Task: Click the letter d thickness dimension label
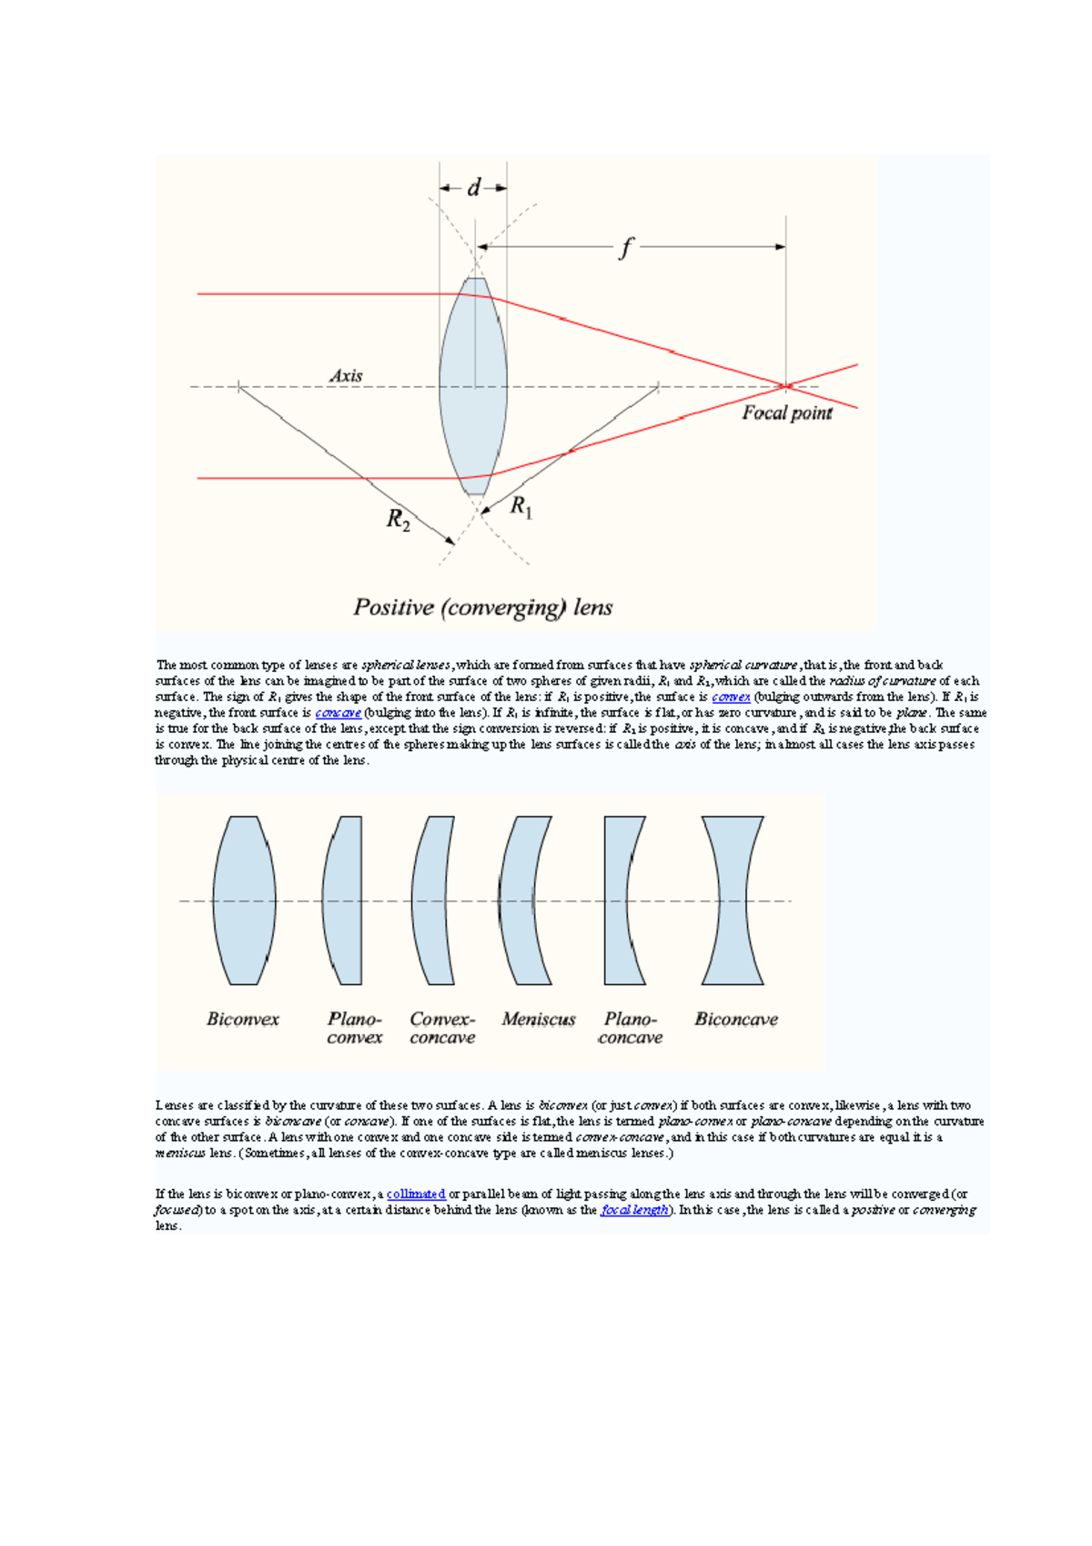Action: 473,188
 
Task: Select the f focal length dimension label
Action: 625,247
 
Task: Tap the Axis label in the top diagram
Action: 346,375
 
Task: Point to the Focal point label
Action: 786,413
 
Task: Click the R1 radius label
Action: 521,506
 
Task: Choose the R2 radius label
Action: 398,520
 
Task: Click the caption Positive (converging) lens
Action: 482,607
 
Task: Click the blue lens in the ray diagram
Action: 473,387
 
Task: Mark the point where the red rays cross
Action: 786,386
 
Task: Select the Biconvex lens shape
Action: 244,900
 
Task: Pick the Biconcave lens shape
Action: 733,900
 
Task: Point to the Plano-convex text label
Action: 355,1028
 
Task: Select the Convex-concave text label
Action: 442,1028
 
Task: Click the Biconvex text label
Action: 243,1019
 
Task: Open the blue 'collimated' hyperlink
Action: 416,1194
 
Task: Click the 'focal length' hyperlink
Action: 634,1210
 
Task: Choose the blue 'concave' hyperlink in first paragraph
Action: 338,713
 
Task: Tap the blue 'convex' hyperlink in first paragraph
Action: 731,697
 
